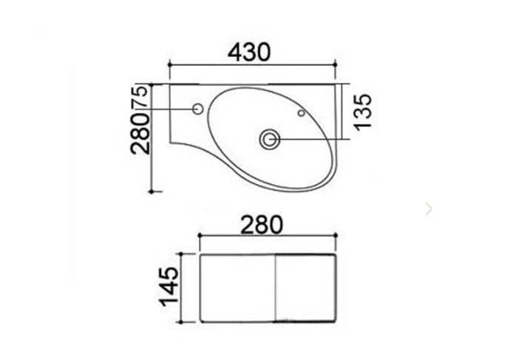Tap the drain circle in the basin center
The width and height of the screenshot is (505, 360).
click(x=269, y=138)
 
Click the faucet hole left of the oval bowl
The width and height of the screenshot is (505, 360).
click(x=197, y=110)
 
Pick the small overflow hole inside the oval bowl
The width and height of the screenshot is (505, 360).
click(x=302, y=113)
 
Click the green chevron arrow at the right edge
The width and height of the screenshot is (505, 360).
click(x=428, y=209)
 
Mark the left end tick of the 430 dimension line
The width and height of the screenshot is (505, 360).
click(x=169, y=65)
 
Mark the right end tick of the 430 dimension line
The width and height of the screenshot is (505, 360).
click(x=335, y=65)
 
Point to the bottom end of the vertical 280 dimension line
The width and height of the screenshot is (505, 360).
click(x=152, y=191)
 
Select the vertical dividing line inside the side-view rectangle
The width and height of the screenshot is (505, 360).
click(x=275, y=287)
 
